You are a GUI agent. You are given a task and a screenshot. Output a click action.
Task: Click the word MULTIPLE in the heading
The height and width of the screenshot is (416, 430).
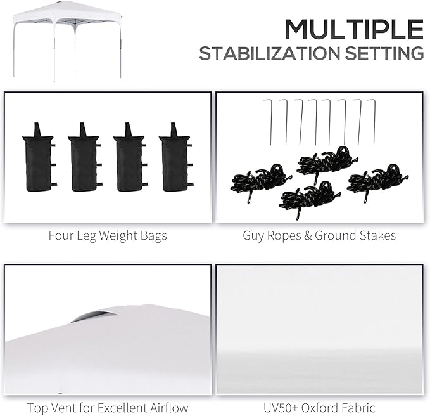(354, 29)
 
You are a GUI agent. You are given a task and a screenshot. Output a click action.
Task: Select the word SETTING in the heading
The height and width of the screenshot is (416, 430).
(384, 53)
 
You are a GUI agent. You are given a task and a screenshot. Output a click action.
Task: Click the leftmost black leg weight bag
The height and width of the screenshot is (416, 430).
(39, 157)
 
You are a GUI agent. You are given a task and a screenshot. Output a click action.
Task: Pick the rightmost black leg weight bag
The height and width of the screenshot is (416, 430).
(175, 157)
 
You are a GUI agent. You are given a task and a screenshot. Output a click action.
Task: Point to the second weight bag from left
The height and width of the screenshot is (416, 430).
(85, 157)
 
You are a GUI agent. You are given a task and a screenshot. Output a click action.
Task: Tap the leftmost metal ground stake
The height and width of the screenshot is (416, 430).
(269, 122)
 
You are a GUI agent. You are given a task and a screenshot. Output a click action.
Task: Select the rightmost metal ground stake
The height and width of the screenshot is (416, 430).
(372, 122)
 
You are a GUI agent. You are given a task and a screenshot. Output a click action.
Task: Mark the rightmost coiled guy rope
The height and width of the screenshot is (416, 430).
(377, 181)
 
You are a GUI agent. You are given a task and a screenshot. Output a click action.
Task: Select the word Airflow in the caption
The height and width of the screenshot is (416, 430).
(169, 408)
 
